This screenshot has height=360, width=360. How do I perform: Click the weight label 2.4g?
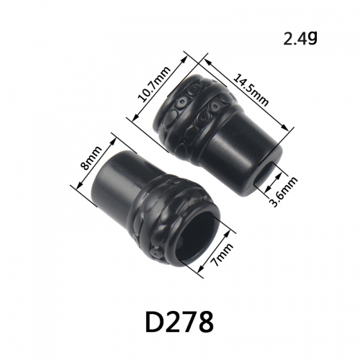click(300, 38)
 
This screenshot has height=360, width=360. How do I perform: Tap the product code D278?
click(179, 321)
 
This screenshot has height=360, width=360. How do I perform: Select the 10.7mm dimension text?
click(154, 84)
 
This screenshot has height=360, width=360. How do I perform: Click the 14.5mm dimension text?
click(251, 90)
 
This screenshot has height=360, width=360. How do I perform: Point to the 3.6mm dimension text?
click(284, 192)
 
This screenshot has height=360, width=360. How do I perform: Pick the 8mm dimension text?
click(91, 158)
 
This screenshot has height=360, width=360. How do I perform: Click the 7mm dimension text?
click(222, 255)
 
